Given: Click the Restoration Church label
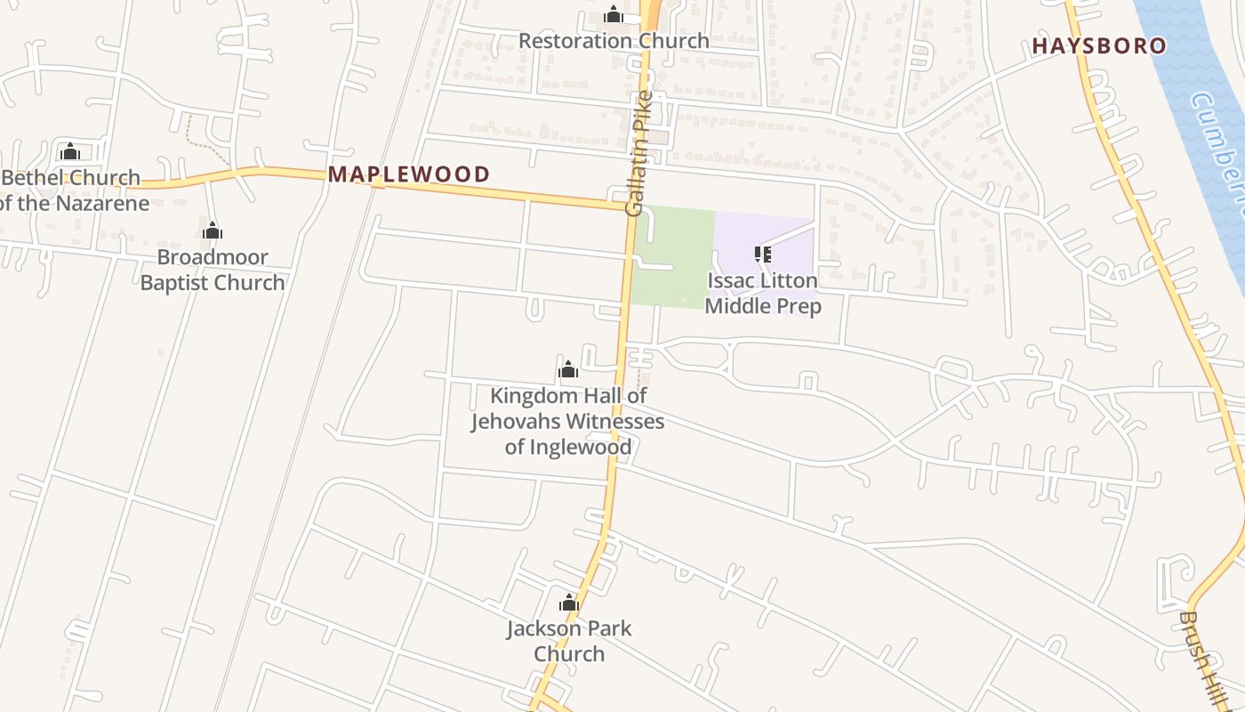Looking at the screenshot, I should (x=614, y=41).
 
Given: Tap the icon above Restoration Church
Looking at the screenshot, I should (x=613, y=15).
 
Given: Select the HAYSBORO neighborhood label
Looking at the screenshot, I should (x=1099, y=46).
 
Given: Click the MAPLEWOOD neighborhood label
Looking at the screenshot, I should (x=409, y=174).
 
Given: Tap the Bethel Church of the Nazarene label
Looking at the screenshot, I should (x=71, y=190).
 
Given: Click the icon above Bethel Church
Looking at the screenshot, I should (x=70, y=151).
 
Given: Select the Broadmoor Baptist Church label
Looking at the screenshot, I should (x=213, y=271).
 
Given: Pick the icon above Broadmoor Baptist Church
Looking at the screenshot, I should (x=213, y=231).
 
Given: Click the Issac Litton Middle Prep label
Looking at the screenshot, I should (x=762, y=294).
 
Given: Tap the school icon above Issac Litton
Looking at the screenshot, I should (x=762, y=255).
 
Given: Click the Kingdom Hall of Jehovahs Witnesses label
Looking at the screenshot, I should (x=568, y=421).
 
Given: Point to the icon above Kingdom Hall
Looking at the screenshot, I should (x=568, y=369).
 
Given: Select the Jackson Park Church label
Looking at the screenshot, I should (x=569, y=641).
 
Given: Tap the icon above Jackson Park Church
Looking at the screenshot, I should (x=569, y=603).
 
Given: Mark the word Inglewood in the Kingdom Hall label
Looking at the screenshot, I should (x=589, y=447).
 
